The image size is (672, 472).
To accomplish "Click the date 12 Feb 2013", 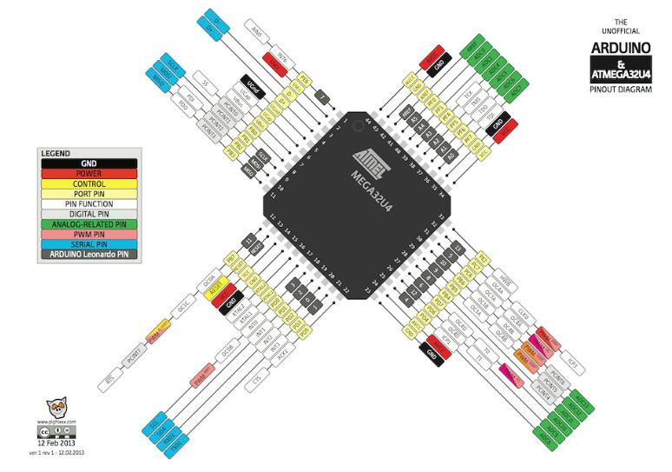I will [55, 442].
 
